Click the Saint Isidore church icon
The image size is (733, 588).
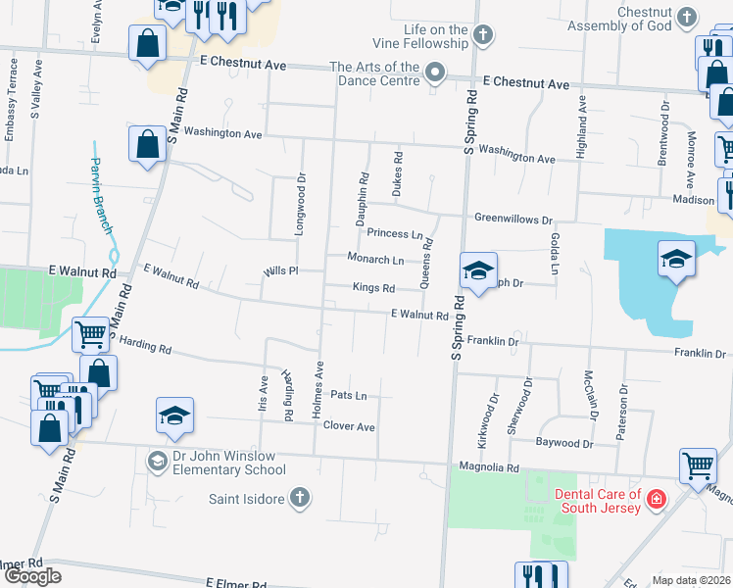[x=300, y=499]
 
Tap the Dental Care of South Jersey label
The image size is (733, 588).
[x=598, y=500]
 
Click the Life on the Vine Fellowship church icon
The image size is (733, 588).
[x=481, y=36]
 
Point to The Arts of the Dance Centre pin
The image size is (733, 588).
[x=436, y=73]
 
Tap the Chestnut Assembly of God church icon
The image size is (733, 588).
[x=689, y=17]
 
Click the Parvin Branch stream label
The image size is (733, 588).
[x=102, y=195]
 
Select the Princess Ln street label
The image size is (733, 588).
[x=395, y=234]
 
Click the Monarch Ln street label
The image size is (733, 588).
[x=375, y=259]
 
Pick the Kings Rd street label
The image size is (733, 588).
[x=373, y=288]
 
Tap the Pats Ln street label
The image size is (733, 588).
[x=349, y=396]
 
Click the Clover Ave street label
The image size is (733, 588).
[x=350, y=427]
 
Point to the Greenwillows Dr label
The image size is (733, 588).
[x=513, y=220]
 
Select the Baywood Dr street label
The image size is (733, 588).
[x=564, y=444]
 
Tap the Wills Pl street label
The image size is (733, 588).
[x=279, y=269]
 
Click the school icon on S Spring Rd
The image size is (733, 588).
[x=477, y=270]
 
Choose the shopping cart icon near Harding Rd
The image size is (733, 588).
[x=90, y=334]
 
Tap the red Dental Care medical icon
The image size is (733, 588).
[x=656, y=500]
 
